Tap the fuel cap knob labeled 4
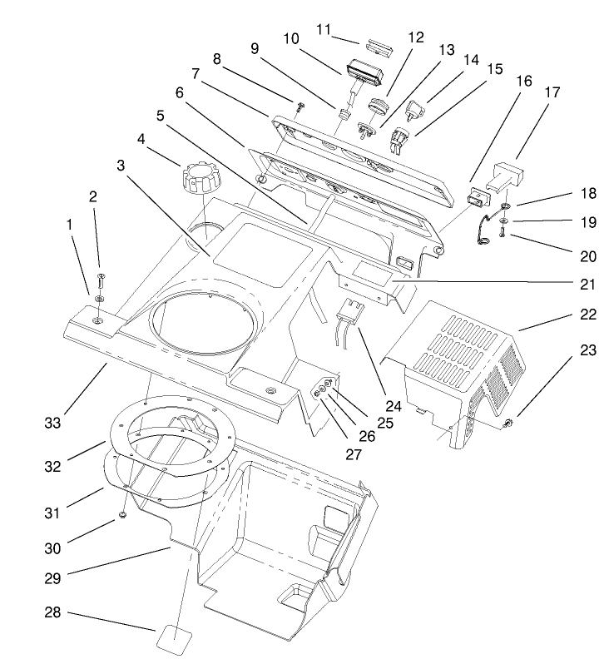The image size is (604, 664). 198,177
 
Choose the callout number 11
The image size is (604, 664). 325,29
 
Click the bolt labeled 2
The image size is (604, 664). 101,284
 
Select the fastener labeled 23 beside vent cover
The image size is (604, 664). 508,427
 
